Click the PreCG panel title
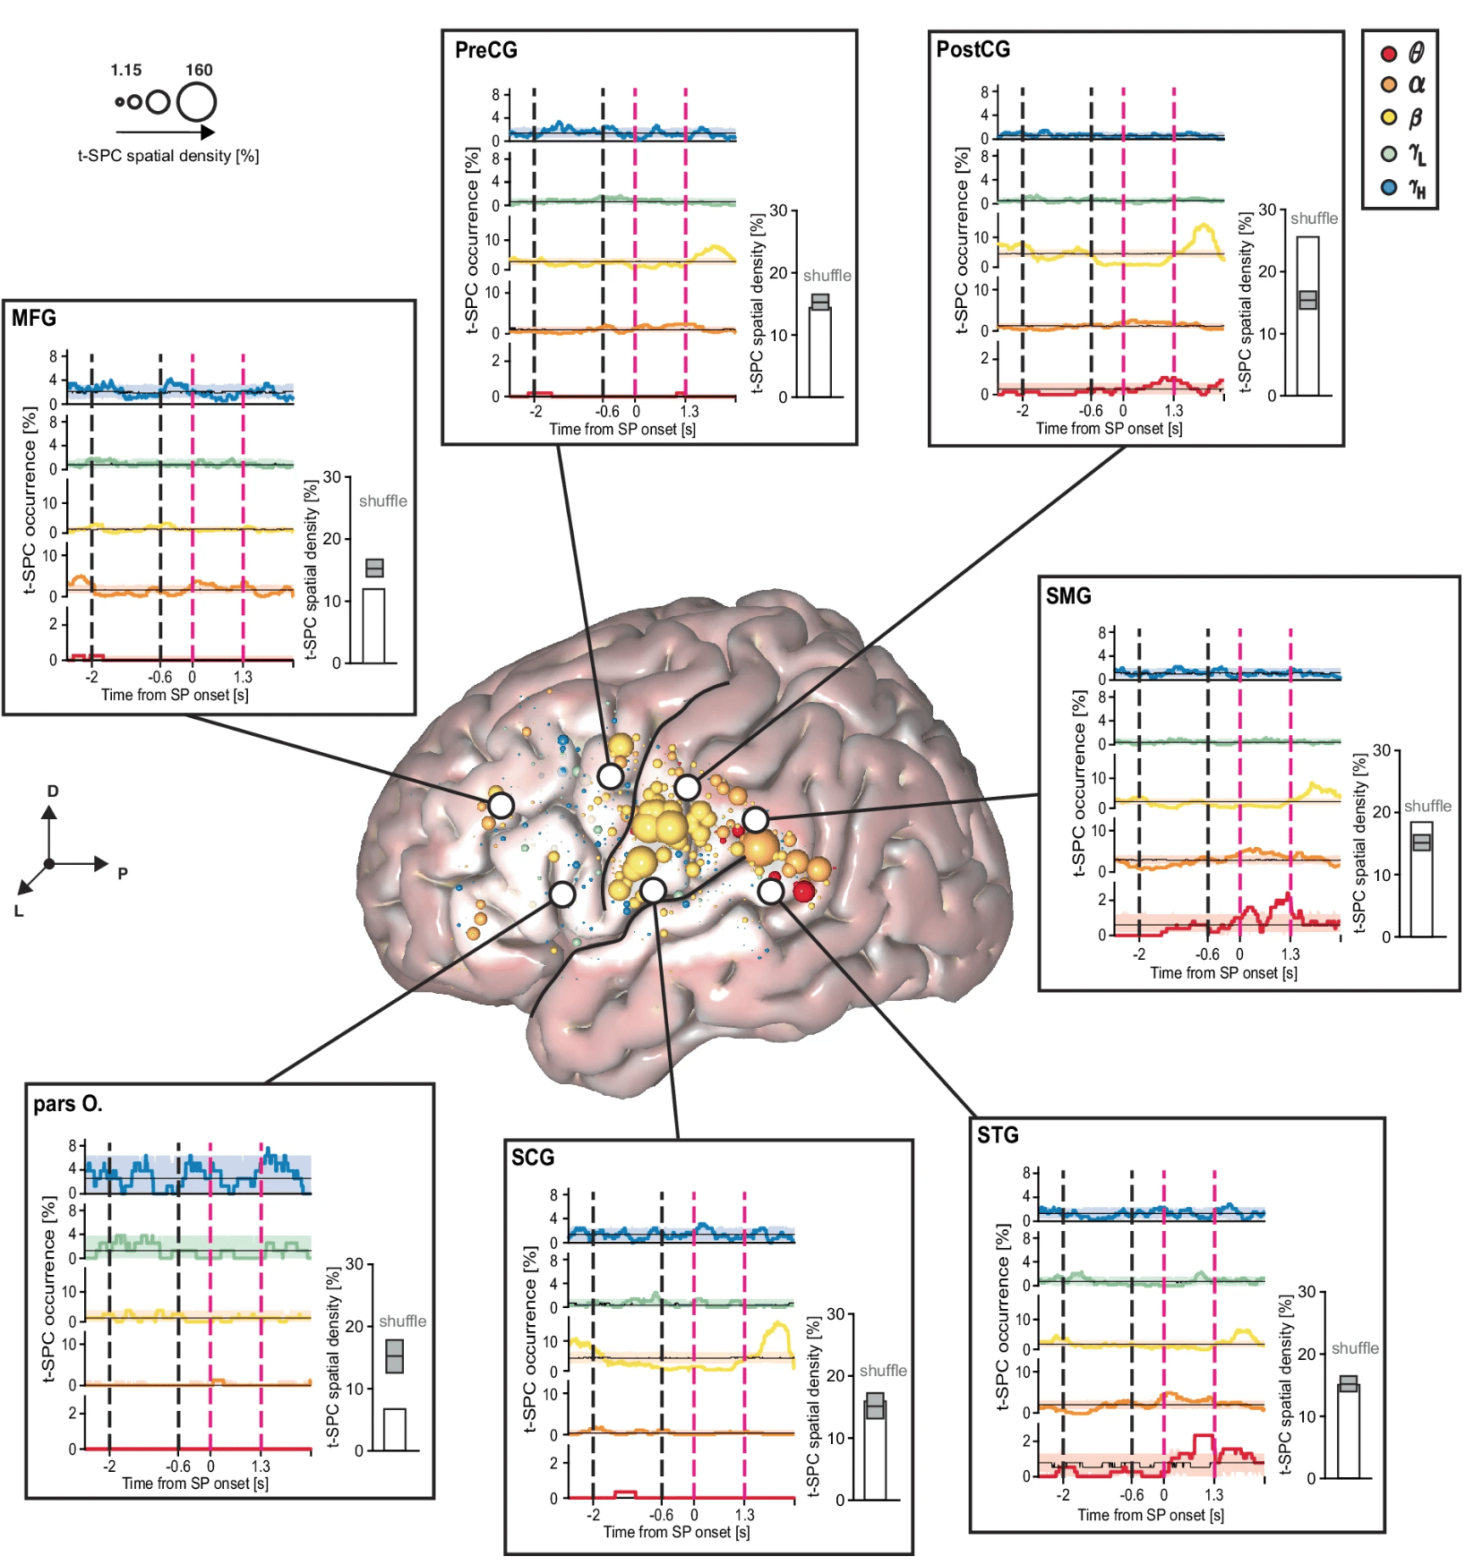486,50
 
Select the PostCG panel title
973,49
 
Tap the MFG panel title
34,318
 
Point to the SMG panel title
1068,595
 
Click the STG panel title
998,1135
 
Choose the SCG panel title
533,1158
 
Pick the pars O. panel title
68,1104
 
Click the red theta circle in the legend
1389,54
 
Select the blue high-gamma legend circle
1389,188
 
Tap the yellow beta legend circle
1389,117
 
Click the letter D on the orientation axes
53,791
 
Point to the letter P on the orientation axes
123,873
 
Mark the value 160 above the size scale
199,70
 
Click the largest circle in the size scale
196,102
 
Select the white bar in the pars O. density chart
394,1429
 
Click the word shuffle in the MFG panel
383,501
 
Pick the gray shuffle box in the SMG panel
1421,842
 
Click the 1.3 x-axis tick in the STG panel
1213,1495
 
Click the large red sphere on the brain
803,891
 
